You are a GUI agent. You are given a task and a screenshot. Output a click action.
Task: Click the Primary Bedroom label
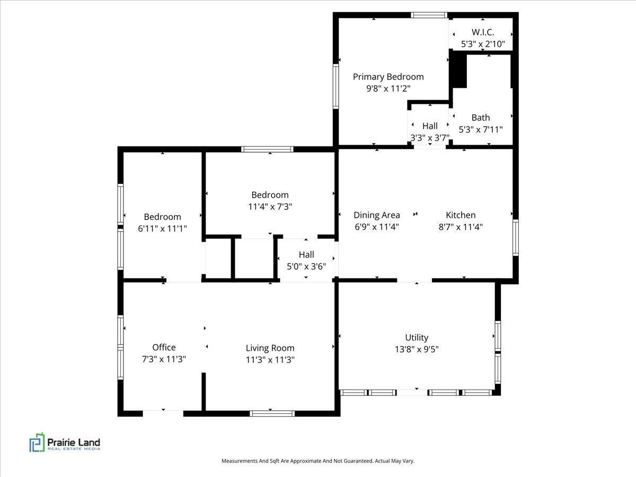tap(388, 77)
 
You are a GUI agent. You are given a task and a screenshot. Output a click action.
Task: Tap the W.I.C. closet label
tap(483, 32)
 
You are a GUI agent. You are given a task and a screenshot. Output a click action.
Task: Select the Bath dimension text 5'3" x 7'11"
tap(481, 129)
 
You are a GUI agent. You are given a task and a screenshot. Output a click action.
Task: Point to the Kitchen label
tap(461, 215)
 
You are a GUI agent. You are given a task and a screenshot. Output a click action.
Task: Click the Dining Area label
tap(377, 215)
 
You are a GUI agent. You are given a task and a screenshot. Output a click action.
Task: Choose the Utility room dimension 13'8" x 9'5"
tap(417, 349)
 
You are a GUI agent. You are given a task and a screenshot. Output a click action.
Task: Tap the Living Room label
tap(270, 348)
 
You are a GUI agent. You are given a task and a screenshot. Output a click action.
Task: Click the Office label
tap(164, 347)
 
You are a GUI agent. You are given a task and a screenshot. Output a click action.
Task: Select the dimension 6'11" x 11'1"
tap(162, 228)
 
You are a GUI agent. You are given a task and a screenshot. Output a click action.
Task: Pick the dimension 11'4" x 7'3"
tap(270, 207)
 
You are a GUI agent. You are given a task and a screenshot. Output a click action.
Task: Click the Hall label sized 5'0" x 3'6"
tap(306, 254)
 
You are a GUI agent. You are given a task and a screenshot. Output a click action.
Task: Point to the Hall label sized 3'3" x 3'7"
tap(430, 126)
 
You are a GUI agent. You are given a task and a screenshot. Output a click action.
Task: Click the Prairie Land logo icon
tap(37, 442)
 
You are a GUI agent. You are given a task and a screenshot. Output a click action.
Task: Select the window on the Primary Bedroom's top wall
tap(429, 15)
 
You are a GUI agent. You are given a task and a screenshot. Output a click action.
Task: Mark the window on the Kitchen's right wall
tap(516, 237)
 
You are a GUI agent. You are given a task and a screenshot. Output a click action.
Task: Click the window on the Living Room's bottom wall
tap(272, 413)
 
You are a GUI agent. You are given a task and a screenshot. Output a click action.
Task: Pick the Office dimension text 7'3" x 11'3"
tap(164, 359)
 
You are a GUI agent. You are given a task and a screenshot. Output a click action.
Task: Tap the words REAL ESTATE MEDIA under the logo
tap(74, 449)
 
